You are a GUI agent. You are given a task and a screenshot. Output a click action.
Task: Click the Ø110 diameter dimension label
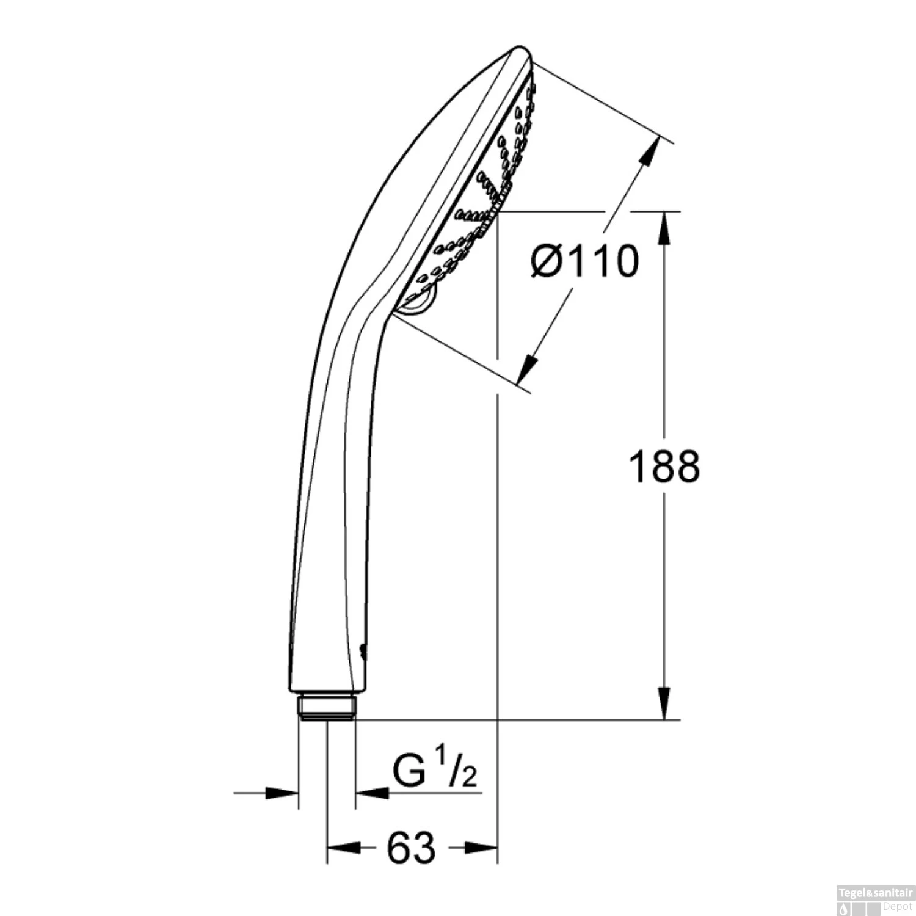pyautogui.click(x=584, y=261)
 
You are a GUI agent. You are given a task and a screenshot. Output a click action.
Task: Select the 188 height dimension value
pyautogui.click(x=664, y=467)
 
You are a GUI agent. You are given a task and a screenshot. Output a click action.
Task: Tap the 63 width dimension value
pyautogui.click(x=411, y=848)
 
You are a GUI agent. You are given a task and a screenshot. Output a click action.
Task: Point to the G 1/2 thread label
pyautogui.click(x=434, y=773)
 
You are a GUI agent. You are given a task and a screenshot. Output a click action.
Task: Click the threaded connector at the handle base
pyautogui.click(x=326, y=707)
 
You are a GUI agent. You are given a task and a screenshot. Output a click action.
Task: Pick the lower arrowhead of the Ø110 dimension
pyautogui.click(x=529, y=369)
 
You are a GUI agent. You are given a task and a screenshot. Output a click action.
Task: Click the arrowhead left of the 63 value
pyautogui.click(x=343, y=848)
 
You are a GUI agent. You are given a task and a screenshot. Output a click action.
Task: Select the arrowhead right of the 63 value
pyautogui.click(x=482, y=848)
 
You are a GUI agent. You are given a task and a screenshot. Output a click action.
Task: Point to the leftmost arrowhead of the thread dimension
pyautogui.click(x=282, y=793)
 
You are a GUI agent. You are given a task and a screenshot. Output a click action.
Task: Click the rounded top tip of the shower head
pyautogui.click(x=520, y=49)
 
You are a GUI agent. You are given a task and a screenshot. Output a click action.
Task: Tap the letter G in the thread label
pyautogui.click(x=409, y=773)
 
